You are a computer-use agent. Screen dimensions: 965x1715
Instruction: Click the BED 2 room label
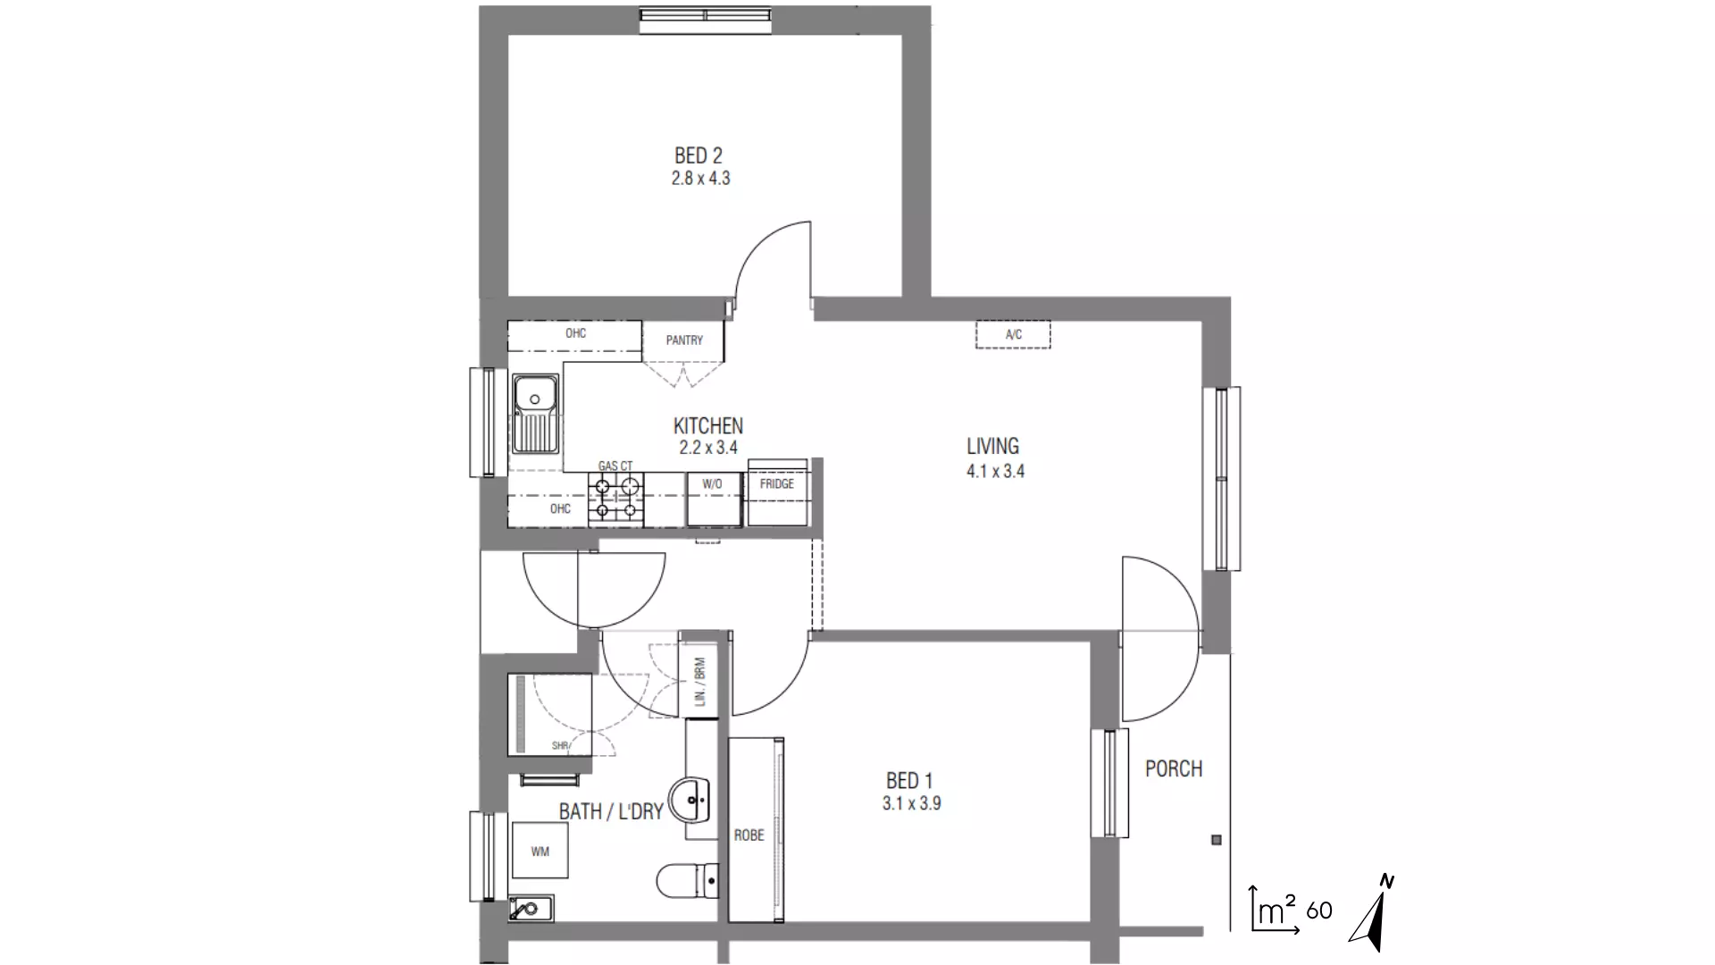(x=699, y=156)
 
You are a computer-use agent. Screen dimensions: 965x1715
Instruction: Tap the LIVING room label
(x=992, y=446)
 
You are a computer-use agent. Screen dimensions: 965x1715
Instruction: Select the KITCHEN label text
(x=707, y=426)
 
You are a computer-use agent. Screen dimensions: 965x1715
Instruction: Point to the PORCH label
(x=1174, y=768)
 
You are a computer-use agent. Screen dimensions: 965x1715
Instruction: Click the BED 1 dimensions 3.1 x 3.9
(x=911, y=803)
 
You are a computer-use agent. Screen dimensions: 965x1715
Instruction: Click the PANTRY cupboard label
(x=684, y=340)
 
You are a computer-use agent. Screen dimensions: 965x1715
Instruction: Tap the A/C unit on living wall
(x=1013, y=335)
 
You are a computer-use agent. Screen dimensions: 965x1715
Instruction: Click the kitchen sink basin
(x=534, y=393)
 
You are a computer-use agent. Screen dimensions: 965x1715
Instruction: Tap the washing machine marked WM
(x=540, y=852)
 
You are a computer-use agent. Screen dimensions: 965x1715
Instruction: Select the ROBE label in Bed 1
(x=749, y=835)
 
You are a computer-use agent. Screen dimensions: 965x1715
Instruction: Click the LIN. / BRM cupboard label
(x=699, y=683)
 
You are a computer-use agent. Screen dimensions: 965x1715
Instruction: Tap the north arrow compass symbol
(x=1374, y=916)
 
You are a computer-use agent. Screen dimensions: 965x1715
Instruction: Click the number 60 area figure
(x=1318, y=911)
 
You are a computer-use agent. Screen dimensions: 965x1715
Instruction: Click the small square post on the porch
(x=1216, y=840)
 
